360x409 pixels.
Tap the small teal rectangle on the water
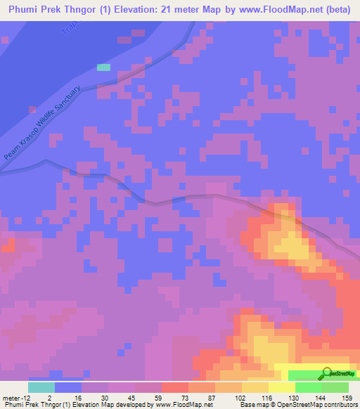click(x=103, y=67)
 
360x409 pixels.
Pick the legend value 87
click(x=201, y=397)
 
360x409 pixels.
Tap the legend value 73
click(x=175, y=397)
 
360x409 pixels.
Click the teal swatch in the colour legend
click(x=41, y=387)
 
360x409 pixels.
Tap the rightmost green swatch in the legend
click(x=335, y=387)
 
